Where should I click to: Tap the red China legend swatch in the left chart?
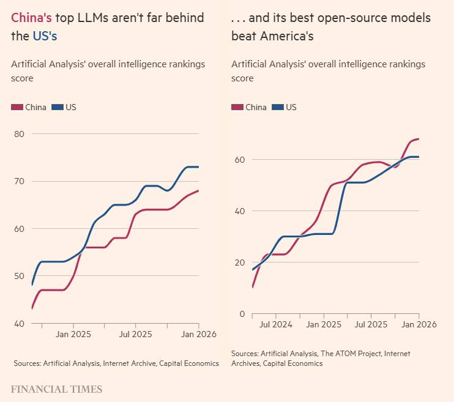click(17, 107)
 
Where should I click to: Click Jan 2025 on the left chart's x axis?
click(73, 334)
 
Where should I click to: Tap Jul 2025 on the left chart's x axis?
click(135, 334)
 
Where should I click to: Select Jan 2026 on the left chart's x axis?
click(199, 334)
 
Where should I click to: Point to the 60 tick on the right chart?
click(239, 160)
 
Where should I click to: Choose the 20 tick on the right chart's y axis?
click(239, 262)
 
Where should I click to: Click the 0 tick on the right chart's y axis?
click(242, 314)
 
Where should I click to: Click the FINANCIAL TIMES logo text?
click(57, 389)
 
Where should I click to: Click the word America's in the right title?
click(286, 36)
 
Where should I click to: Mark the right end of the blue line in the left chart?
click(199, 167)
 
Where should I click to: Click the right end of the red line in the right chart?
click(419, 139)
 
